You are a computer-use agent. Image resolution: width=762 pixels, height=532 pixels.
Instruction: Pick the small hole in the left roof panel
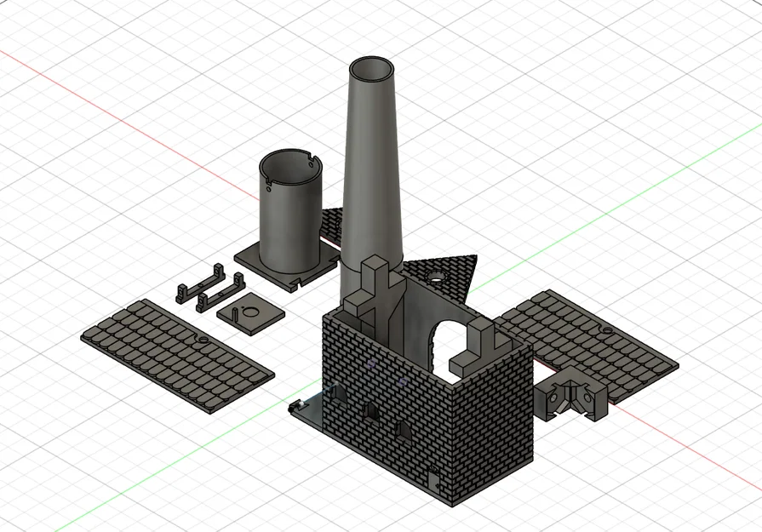203,339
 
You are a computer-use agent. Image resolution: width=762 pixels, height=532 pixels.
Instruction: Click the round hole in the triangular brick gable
437,277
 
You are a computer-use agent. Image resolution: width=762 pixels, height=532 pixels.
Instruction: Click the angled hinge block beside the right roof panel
572,394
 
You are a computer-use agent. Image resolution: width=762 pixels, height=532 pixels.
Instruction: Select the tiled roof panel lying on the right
587,340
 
